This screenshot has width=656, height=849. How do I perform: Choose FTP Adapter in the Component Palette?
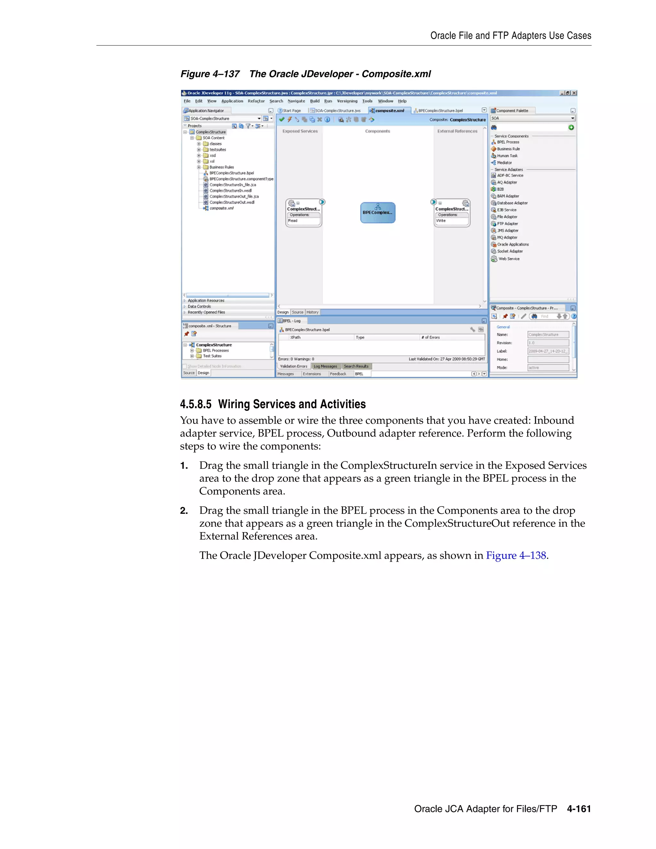click(507, 224)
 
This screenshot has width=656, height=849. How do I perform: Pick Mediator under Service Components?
click(504, 162)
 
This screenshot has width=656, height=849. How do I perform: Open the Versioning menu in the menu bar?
click(347, 101)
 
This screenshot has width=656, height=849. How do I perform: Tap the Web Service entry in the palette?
click(509, 259)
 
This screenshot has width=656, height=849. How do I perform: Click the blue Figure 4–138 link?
click(516, 555)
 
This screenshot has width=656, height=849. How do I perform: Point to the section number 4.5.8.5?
click(195, 404)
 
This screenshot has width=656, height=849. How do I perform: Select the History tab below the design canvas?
click(312, 312)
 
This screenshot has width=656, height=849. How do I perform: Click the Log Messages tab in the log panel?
click(325, 366)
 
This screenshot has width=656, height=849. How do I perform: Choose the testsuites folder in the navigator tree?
click(217, 150)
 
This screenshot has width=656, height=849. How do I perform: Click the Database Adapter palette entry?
click(512, 203)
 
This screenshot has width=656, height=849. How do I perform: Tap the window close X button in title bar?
click(574, 93)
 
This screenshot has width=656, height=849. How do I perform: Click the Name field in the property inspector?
click(548, 334)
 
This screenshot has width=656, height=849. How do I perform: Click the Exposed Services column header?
click(299, 131)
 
